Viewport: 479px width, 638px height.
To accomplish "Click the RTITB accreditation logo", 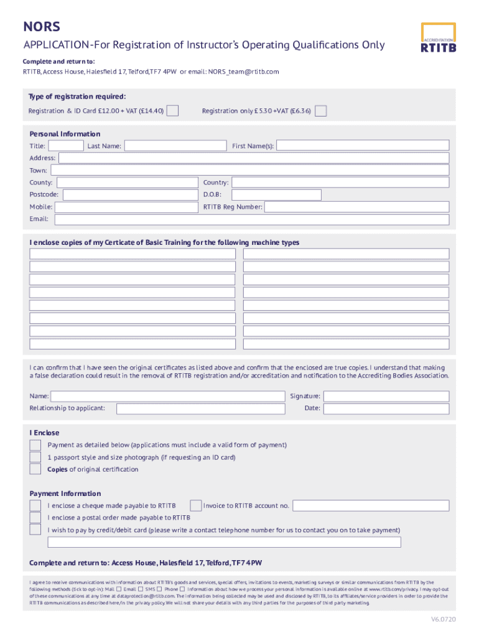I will click(x=438, y=38).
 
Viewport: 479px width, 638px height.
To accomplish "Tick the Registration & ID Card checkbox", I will click(x=173, y=111).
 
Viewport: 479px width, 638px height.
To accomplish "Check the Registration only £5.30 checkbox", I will click(x=320, y=111).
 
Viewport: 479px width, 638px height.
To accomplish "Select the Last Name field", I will click(x=175, y=146).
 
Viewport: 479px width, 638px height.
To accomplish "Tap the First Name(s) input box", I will click(x=362, y=146).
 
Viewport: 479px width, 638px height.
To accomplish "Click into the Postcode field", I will click(x=131, y=195).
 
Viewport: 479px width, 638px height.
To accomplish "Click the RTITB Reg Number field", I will click(x=356, y=207).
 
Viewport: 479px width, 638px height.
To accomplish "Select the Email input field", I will click(x=251, y=219).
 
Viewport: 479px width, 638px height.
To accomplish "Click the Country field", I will click(x=340, y=183).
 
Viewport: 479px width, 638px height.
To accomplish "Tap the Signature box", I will click(x=386, y=396).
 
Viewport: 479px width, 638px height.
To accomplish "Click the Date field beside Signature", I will click(x=386, y=409).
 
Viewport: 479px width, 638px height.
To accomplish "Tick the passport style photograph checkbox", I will click(x=35, y=457).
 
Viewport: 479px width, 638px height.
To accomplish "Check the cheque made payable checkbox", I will click(x=35, y=505).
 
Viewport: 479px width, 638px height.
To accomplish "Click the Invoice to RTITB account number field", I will click(x=371, y=505).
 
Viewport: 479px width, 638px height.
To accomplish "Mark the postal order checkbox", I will click(x=35, y=518).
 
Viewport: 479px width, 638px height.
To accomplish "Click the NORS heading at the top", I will click(x=42, y=27).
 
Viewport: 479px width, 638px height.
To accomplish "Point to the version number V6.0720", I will click(x=444, y=619).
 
